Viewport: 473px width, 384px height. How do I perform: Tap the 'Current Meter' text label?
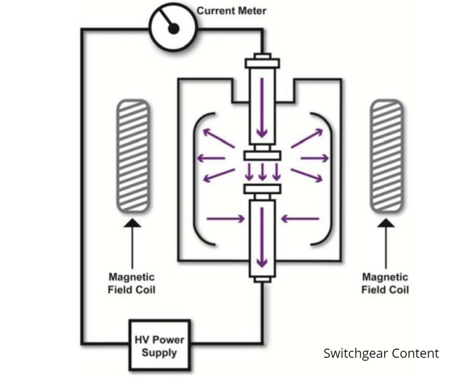tap(231, 11)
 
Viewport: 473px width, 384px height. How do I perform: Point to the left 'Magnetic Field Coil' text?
tap(132, 283)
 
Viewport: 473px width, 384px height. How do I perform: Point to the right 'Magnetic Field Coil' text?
tap(385, 283)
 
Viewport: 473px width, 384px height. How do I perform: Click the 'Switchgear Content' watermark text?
tap(381, 354)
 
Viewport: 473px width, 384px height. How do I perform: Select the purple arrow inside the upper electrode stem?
tap(262, 108)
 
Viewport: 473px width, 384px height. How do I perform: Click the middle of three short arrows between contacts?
tap(262, 172)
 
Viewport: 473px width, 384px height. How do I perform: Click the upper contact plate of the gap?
tap(262, 156)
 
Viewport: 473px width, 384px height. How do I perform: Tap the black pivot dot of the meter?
tap(173, 29)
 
